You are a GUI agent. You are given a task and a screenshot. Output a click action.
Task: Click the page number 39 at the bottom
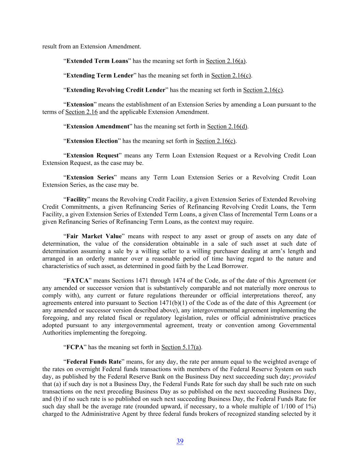(180, 441)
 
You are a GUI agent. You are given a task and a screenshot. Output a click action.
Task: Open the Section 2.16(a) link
(226, 61)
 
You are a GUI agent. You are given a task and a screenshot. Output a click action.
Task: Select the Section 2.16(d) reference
(227, 126)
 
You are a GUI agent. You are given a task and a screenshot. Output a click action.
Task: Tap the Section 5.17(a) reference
(181, 347)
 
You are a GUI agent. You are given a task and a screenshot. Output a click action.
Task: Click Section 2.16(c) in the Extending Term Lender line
(231, 75)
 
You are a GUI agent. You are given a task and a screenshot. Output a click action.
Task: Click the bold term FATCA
(77, 281)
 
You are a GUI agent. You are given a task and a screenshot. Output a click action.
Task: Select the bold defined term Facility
(77, 199)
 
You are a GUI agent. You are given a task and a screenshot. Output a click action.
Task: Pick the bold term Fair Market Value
(94, 236)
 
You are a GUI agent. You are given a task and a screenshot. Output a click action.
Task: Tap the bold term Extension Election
(92, 141)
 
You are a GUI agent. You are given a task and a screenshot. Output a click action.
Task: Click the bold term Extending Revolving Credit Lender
(116, 90)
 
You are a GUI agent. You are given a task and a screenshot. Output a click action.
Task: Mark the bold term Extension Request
(92, 156)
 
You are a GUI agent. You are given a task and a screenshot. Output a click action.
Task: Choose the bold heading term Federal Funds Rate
(94, 362)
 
